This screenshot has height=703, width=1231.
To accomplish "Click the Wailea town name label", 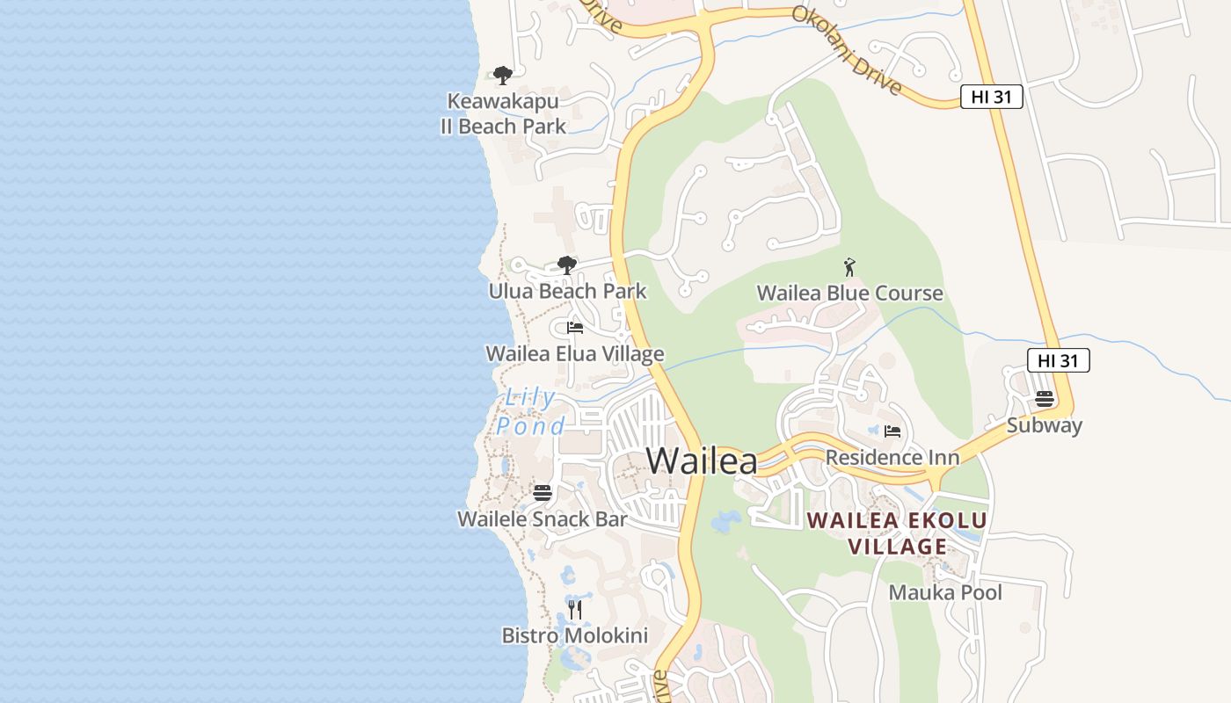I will click(x=702, y=460).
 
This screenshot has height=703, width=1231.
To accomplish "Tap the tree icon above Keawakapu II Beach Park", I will click(x=502, y=76).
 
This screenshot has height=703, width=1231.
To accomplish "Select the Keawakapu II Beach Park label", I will click(x=503, y=114).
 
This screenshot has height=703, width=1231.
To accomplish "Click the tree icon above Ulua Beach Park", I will click(x=567, y=265).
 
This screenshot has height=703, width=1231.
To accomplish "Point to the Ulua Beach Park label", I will click(x=567, y=291).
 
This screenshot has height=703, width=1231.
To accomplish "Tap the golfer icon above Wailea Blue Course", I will click(x=849, y=267).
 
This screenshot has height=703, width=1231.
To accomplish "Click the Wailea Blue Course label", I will click(x=849, y=293).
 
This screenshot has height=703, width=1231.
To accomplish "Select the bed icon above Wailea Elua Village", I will click(x=575, y=328).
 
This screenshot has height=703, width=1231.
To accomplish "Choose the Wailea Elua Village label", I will click(x=575, y=353).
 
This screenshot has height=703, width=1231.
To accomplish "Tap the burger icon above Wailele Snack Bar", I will click(x=543, y=493).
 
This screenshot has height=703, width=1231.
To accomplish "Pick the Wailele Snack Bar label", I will click(x=543, y=518).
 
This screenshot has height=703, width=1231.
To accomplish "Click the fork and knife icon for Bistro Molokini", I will click(x=575, y=609).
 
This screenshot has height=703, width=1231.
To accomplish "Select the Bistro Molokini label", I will click(x=574, y=635).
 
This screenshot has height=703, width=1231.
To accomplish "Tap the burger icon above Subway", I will click(x=1045, y=399).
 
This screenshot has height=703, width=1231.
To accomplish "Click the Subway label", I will click(x=1045, y=425).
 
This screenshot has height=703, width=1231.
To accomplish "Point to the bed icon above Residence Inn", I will click(x=892, y=431).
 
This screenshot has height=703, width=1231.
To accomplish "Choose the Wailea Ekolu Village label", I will click(x=897, y=533).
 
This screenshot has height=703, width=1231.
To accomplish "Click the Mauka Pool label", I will click(x=945, y=592).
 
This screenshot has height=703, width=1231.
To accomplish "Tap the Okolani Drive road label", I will click(x=847, y=50).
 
